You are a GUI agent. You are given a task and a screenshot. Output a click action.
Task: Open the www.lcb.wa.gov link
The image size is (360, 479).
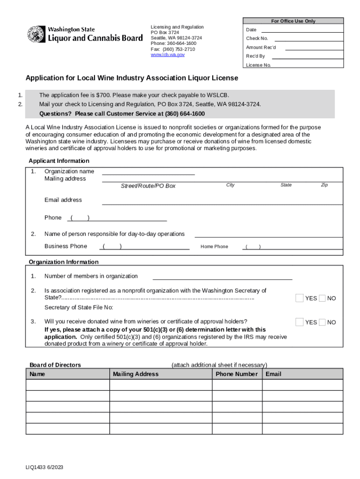point(167,55)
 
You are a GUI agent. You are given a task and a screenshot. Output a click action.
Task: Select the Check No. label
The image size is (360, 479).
point(257,38)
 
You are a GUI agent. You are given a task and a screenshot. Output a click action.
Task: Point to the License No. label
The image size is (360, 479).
point(259,65)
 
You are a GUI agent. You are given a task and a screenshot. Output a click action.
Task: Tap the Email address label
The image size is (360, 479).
point(63,200)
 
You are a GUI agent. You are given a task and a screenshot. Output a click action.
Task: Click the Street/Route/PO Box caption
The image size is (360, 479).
point(148,186)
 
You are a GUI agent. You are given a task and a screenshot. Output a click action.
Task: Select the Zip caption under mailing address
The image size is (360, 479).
point(324,185)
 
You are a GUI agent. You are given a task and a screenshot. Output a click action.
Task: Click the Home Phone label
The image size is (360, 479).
point(214,247)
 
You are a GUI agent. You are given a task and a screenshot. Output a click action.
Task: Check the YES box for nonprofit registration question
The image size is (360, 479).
point(299,298)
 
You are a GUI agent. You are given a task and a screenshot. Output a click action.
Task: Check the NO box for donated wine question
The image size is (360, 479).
point(322,322)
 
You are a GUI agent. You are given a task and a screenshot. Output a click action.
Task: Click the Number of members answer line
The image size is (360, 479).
point(222,276)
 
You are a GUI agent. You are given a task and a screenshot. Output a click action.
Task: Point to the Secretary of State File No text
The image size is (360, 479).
point(79,307)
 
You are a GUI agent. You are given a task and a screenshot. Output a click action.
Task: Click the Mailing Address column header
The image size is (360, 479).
point(136,374)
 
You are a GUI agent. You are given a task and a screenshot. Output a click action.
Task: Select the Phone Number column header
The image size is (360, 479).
point(237,374)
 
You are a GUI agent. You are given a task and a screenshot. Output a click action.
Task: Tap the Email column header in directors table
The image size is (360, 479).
point(274,374)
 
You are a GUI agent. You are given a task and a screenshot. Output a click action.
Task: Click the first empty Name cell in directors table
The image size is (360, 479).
point(68,385)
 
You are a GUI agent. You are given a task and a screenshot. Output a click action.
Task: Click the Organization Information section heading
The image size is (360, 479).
point(64,262)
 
